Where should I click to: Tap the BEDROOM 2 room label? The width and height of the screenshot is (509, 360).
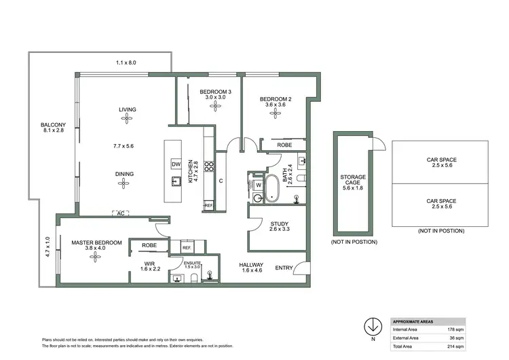[x=276, y=100]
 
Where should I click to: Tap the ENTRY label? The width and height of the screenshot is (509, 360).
[x=284, y=268]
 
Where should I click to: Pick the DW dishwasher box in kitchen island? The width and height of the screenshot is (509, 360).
[x=175, y=164]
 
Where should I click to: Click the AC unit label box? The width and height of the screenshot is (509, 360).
[x=121, y=213]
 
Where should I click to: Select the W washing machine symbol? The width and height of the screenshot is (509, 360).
[x=259, y=184]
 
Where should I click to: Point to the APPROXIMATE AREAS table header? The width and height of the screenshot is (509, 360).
[x=415, y=321]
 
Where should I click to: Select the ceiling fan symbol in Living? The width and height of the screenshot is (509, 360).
[x=126, y=118]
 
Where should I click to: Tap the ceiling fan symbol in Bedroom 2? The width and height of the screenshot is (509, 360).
[x=276, y=113]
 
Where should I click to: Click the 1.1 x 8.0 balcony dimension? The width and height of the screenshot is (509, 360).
[x=126, y=62]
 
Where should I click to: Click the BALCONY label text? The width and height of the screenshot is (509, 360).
[x=53, y=125]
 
